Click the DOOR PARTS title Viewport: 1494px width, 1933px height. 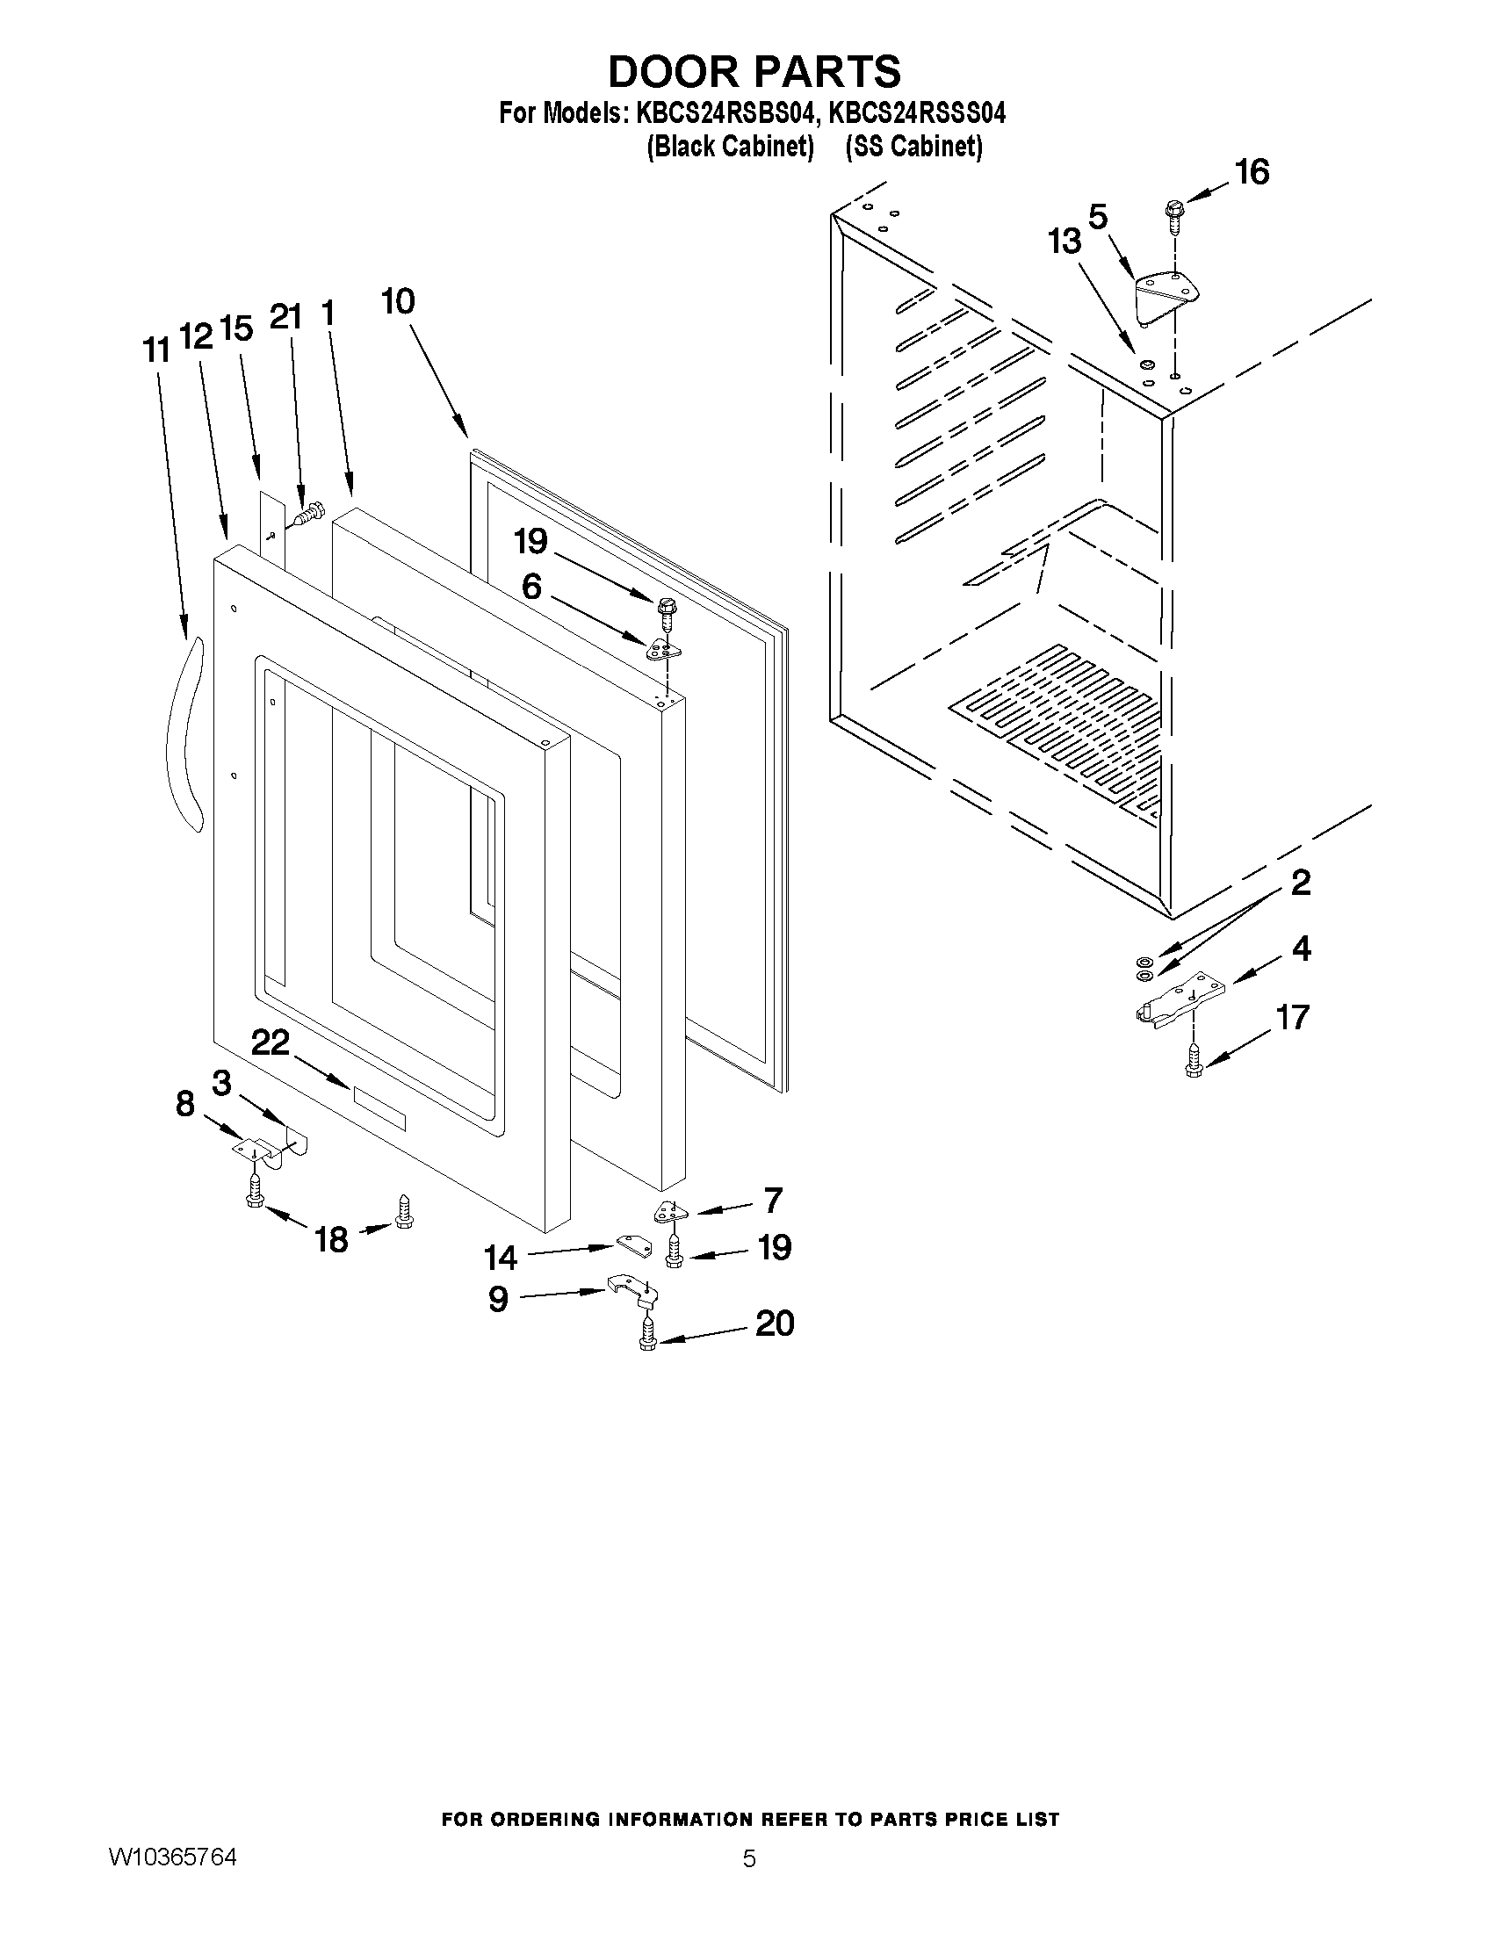pyautogui.click(x=754, y=71)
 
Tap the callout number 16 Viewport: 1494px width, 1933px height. pyautogui.click(x=1252, y=172)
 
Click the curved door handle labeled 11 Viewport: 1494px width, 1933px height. pyautogui.click(x=184, y=734)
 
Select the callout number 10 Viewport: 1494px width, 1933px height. pyautogui.click(x=398, y=302)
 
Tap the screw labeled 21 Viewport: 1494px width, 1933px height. pyautogui.click(x=310, y=514)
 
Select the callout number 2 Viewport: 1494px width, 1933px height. pyautogui.click(x=1300, y=883)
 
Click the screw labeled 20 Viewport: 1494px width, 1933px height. pyautogui.click(x=647, y=1334)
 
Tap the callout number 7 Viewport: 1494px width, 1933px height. pyautogui.click(x=773, y=1201)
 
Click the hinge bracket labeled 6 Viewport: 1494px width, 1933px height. pyautogui.click(x=664, y=652)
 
